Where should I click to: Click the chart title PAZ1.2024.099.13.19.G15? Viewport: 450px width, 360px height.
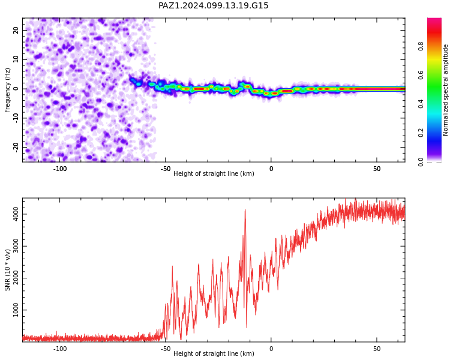click(213, 5)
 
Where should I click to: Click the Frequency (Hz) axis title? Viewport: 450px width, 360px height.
click(7, 90)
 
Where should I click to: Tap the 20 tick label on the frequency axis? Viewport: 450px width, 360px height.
click(16, 30)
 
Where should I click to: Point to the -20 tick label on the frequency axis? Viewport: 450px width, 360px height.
click(16, 148)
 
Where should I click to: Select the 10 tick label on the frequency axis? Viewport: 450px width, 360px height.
click(16, 59)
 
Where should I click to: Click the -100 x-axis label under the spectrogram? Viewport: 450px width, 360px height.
click(59, 169)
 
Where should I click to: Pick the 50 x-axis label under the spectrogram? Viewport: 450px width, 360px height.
click(377, 169)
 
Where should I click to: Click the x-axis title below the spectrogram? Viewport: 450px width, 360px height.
click(214, 173)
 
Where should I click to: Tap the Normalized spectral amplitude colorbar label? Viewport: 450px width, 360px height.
click(445, 90)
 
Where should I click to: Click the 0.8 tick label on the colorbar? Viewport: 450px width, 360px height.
click(421, 46)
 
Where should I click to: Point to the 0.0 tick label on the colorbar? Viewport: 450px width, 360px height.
click(421, 162)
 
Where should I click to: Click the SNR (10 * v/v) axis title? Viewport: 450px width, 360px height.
click(7, 270)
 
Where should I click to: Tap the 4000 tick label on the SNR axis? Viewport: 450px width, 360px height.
click(16, 214)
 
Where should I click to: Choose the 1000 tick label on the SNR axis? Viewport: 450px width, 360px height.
click(16, 310)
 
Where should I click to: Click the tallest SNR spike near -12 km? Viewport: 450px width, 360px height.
click(245, 210)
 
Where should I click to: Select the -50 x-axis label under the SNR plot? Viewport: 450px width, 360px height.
click(166, 349)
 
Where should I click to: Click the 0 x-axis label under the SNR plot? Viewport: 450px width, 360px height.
click(271, 349)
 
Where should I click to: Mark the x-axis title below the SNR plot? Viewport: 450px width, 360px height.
click(214, 353)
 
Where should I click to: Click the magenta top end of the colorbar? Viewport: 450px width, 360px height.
click(434, 19)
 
